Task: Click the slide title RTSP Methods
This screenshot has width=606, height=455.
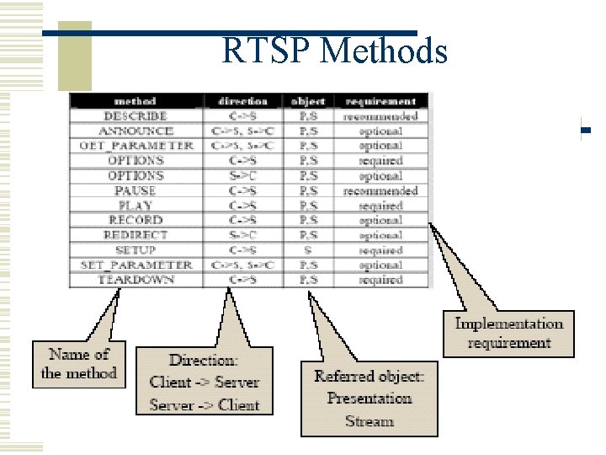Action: pyautogui.click(x=334, y=52)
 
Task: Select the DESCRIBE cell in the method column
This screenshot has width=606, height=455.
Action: pyautogui.click(x=136, y=116)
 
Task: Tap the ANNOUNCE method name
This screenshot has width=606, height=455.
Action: pyautogui.click(x=136, y=131)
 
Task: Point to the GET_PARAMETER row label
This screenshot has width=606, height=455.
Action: pyautogui.click(x=136, y=146)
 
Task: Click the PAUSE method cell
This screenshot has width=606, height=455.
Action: pyautogui.click(x=136, y=191)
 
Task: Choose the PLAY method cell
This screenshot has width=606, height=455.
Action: pyautogui.click(x=136, y=206)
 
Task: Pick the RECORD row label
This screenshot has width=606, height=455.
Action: pyautogui.click(x=136, y=220)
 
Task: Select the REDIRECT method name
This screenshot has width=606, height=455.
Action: pyautogui.click(x=136, y=235)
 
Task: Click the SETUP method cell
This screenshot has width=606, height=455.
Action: pyautogui.click(x=136, y=250)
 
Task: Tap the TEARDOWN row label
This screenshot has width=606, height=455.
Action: pyautogui.click(x=136, y=280)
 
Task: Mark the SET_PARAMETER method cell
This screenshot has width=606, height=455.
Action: pyautogui.click(x=136, y=265)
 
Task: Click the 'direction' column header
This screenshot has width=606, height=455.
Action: pyautogui.click(x=242, y=101)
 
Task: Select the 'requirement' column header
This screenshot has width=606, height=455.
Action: pyautogui.click(x=380, y=101)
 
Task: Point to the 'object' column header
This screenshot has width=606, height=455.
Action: pyautogui.click(x=308, y=101)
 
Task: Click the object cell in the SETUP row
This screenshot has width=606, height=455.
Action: pyautogui.click(x=308, y=250)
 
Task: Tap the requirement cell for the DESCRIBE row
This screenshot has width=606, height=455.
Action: pyautogui.click(x=380, y=116)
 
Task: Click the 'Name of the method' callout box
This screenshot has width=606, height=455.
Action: pyautogui.click(x=78, y=363)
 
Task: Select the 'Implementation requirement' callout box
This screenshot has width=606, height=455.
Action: pyautogui.click(x=508, y=333)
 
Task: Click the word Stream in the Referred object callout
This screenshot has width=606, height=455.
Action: pyautogui.click(x=369, y=420)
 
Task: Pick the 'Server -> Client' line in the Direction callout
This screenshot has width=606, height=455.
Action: pyautogui.click(x=205, y=404)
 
